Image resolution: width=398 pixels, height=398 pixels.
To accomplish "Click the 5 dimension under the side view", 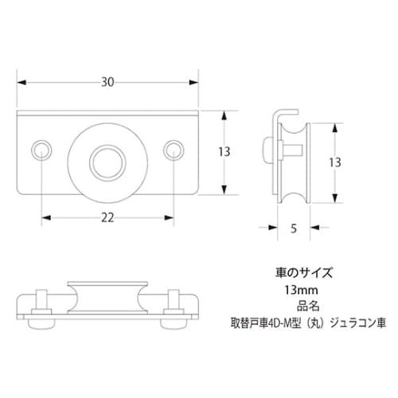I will tap(293, 229).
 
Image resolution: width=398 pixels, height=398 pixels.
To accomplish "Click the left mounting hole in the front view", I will tap(42, 149).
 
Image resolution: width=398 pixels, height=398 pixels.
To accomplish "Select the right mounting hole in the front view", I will tap(173, 149).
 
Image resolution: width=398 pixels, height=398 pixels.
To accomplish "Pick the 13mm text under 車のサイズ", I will tap(297, 290).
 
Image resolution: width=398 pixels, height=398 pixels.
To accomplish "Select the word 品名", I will tap(297, 306).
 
